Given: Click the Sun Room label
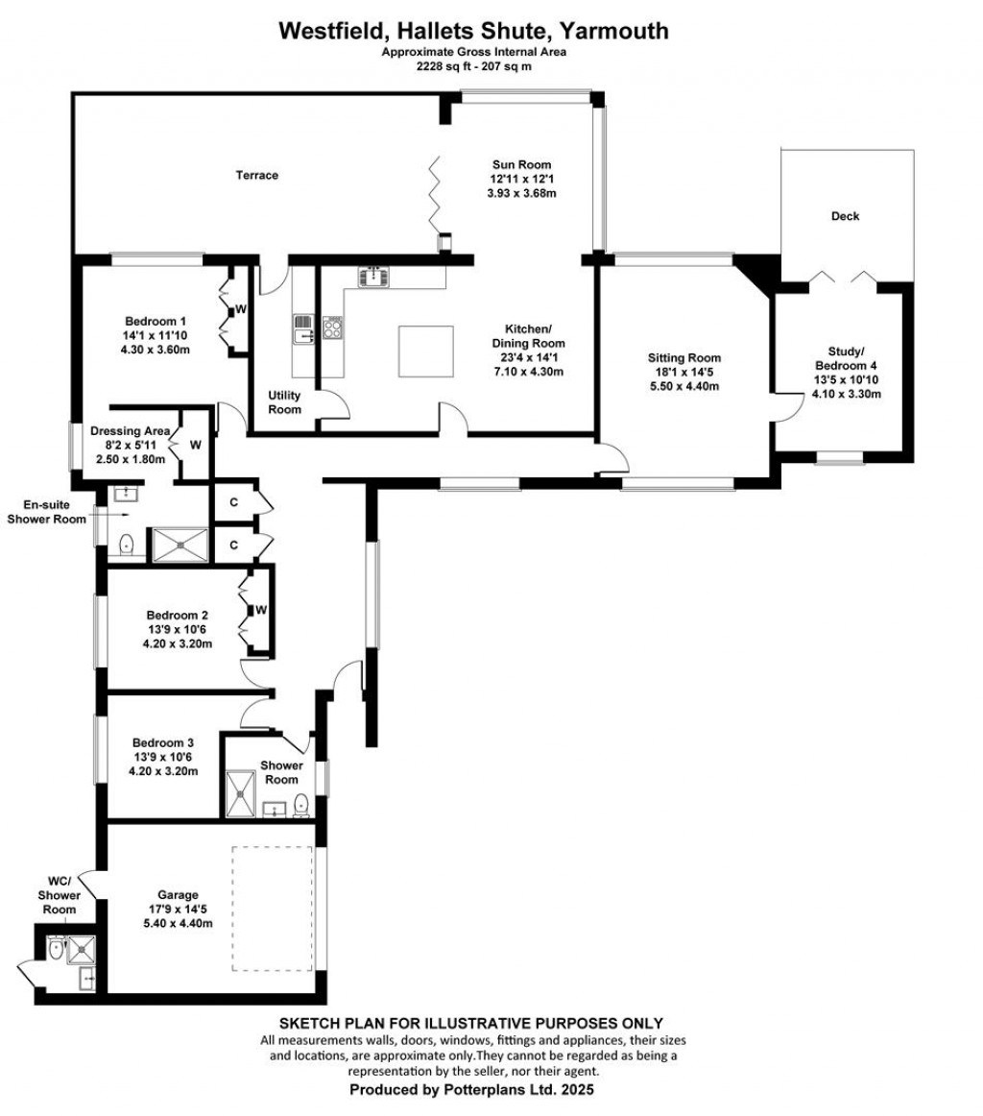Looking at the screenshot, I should [521, 163].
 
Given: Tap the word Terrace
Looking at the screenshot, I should [257, 175].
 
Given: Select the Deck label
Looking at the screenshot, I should [845, 216].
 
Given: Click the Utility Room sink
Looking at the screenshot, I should [304, 328].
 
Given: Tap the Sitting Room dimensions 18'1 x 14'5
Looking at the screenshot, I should [683, 373].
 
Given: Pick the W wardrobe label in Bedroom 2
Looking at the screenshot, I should [260, 610].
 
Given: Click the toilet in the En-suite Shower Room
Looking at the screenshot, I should [126, 546].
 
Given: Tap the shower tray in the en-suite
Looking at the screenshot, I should [179, 544].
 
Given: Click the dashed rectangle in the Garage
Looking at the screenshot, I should [273, 908].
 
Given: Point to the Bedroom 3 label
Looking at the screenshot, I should [163, 742].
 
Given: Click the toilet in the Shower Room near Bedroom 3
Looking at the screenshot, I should [300, 805].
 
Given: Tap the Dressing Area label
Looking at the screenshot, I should [130, 431].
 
